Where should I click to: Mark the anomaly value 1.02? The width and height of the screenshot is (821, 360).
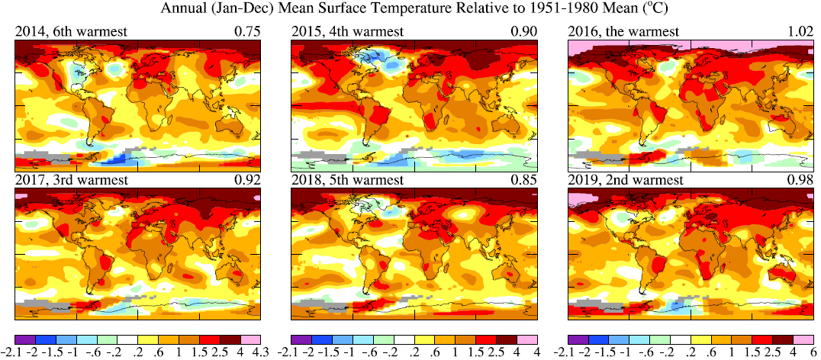pos(801,31)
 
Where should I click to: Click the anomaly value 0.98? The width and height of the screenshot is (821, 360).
pos(801,181)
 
